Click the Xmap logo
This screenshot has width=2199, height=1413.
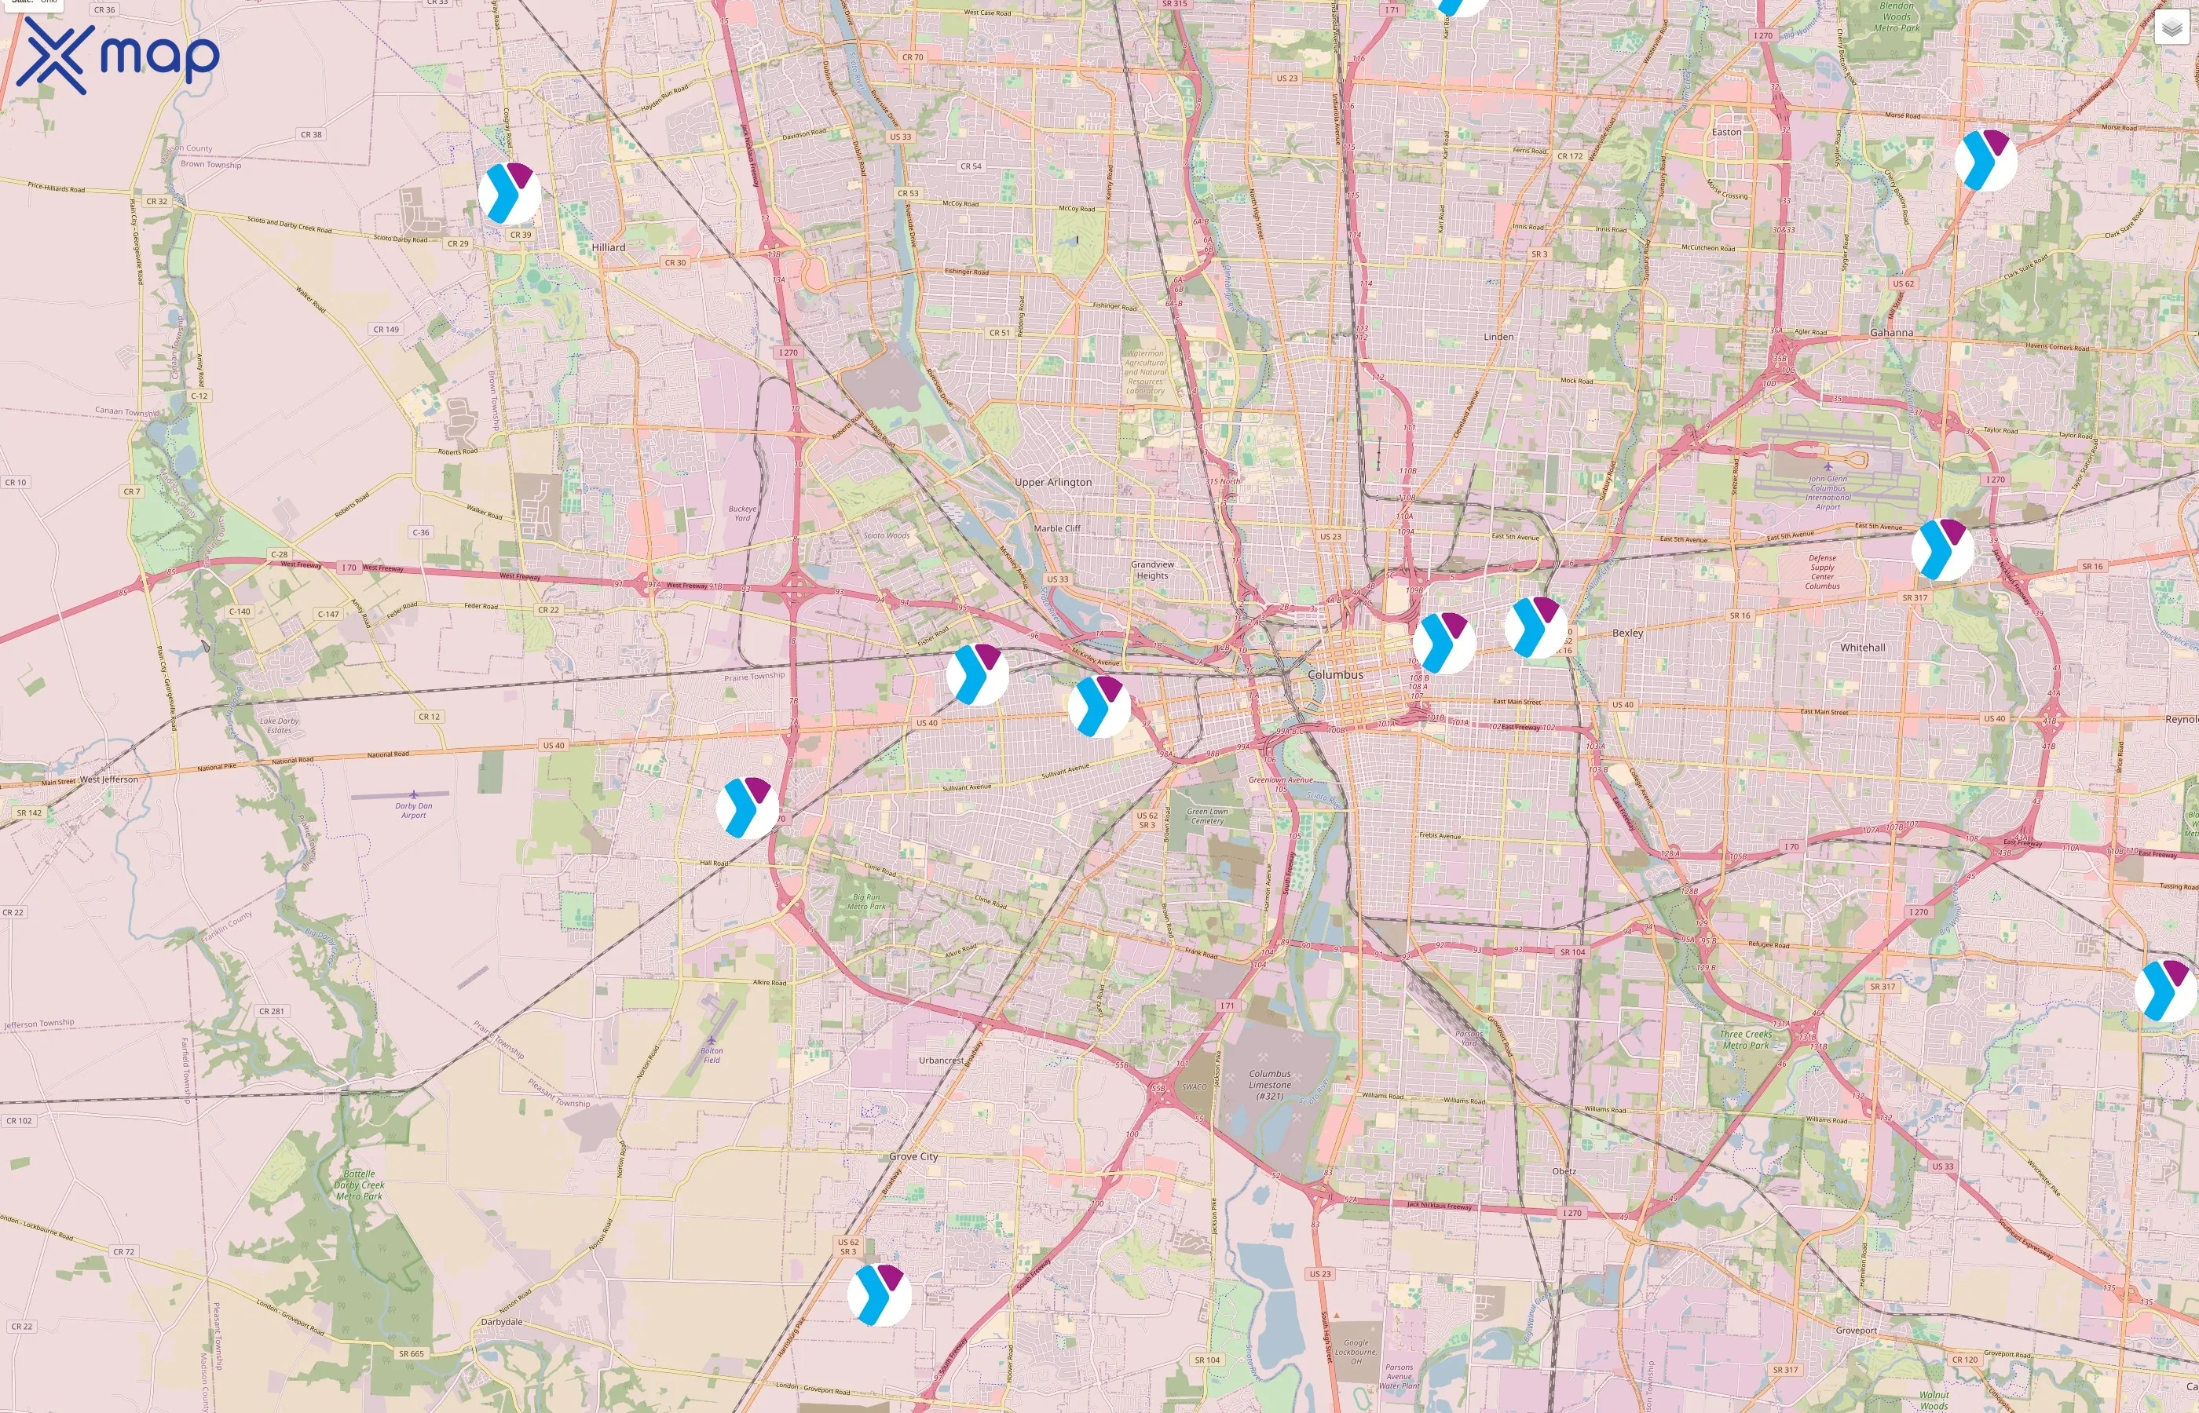point(118,56)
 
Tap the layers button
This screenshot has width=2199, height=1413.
point(2171,29)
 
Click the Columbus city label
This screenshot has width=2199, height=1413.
point(1335,674)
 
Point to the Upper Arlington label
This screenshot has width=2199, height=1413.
point(1052,483)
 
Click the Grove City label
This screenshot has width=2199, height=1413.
point(913,1157)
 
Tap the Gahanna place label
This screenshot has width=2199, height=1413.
point(1892,333)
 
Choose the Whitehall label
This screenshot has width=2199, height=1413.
point(1862,648)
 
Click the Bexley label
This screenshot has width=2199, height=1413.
point(1627,633)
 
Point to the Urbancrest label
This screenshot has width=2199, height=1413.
point(941,1061)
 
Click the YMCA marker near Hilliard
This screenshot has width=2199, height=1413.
point(510,194)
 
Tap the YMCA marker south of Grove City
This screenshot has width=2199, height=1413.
point(878,1294)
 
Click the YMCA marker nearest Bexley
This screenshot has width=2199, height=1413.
point(1535,626)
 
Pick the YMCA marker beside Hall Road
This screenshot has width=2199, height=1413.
point(747,808)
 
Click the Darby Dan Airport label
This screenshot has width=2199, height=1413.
point(413,810)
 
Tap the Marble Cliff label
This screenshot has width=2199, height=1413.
point(1057,528)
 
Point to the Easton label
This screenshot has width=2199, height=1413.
point(1725,132)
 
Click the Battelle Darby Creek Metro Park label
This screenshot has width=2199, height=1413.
point(359,1185)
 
